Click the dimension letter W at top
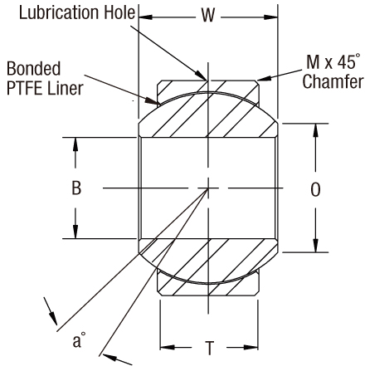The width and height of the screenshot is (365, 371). click(209, 16)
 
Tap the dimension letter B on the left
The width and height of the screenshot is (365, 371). click(75, 189)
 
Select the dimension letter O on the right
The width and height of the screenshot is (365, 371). click(315, 190)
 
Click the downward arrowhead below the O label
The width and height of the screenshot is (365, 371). click(315, 245)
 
